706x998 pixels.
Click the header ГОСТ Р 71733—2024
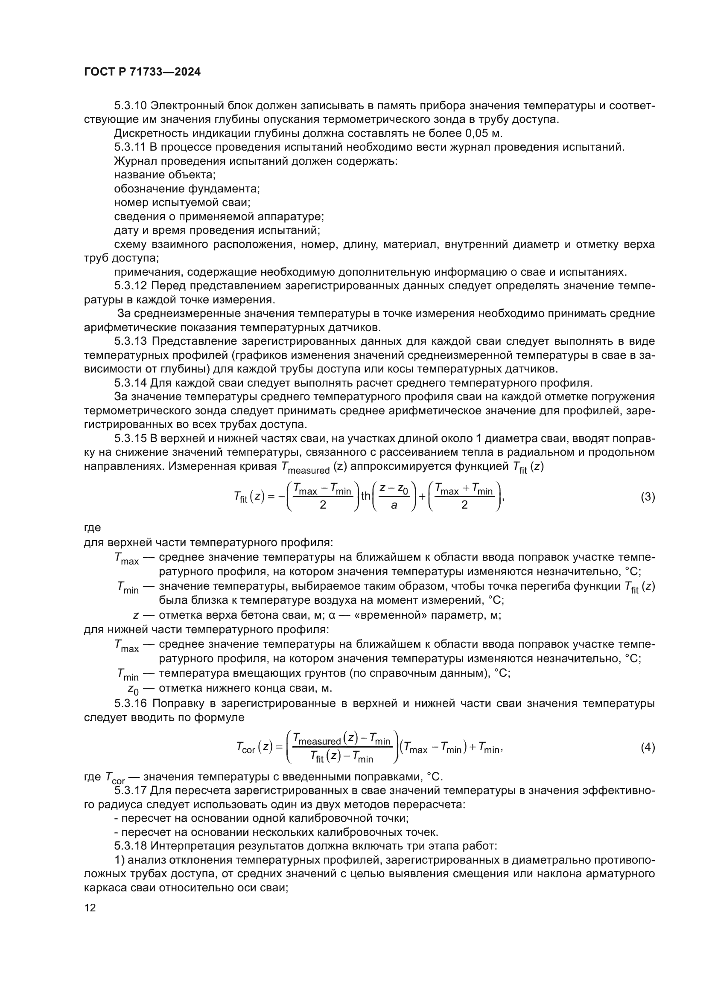(142, 72)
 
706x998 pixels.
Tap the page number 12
(90, 908)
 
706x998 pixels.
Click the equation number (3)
(648, 497)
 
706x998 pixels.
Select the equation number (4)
(648, 748)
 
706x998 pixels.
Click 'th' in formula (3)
(366, 495)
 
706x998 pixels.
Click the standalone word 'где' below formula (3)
(92, 528)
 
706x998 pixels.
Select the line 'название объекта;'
(165, 175)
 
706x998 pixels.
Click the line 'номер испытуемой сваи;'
(182, 203)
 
